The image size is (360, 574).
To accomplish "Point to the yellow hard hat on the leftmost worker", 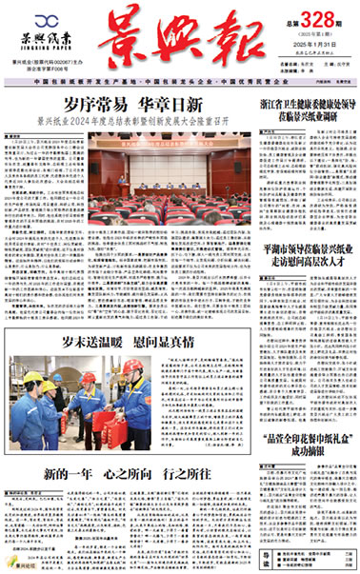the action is (x=34, y=378).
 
